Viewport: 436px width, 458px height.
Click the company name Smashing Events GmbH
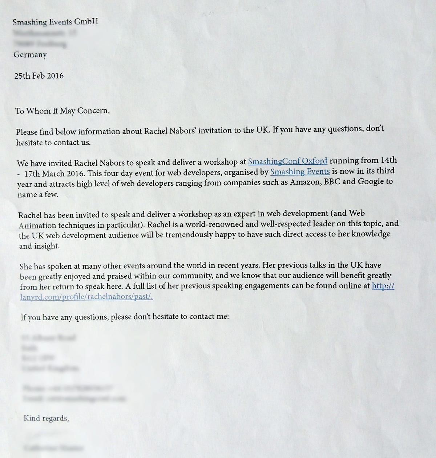(x=55, y=22)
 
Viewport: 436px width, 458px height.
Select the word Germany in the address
(x=30, y=55)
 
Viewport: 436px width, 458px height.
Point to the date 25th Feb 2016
(x=39, y=76)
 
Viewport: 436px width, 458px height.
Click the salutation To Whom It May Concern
(x=62, y=111)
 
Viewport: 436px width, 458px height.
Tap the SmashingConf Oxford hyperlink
(x=287, y=161)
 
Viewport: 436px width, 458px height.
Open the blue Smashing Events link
(x=300, y=172)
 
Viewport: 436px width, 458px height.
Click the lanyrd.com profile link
(x=86, y=296)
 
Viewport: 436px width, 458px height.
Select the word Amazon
(x=303, y=182)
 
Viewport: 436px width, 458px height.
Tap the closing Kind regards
(x=46, y=418)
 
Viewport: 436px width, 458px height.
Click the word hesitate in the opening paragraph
(x=29, y=143)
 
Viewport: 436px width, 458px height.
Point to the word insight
(x=48, y=246)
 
